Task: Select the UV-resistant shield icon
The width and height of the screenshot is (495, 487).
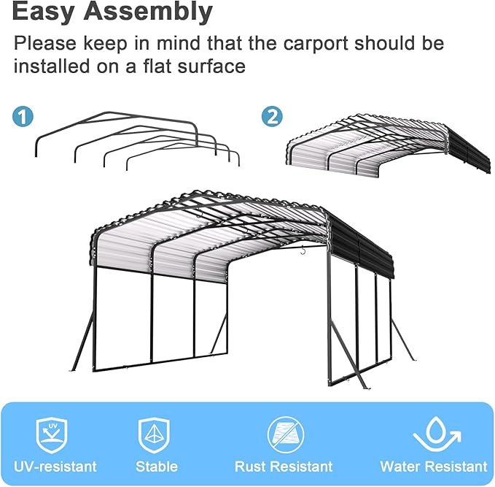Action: pos(53,436)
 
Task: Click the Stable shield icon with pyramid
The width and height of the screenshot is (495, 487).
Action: pos(155,436)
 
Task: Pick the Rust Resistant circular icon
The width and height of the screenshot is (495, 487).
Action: pos(283,436)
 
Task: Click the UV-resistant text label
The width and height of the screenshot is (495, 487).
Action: pos(55,466)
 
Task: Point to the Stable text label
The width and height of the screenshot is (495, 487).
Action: pos(156,466)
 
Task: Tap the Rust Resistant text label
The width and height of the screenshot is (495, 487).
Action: pos(284,466)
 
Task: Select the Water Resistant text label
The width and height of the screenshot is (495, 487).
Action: pos(434,466)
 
